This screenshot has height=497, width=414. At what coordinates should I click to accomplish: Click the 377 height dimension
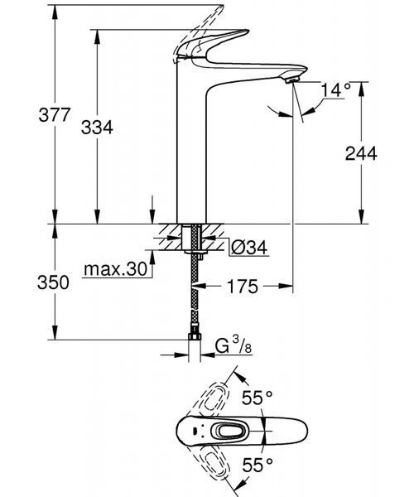(x=54, y=115)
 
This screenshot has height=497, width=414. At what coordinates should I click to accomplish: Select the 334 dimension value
(x=97, y=128)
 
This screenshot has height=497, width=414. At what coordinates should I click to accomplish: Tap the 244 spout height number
(x=361, y=153)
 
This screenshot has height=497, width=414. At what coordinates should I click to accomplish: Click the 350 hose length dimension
(x=53, y=282)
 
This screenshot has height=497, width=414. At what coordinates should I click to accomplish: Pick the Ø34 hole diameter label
(x=249, y=247)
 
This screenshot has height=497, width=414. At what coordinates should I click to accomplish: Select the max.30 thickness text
(x=116, y=269)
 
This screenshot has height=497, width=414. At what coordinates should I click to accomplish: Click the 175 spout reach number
(x=243, y=287)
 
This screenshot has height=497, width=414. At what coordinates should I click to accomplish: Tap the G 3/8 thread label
(x=233, y=345)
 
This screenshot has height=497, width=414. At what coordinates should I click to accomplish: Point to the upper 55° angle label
(x=258, y=398)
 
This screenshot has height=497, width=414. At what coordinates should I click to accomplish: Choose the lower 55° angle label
(x=258, y=466)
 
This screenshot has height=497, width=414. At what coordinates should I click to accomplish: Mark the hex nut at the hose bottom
(x=195, y=336)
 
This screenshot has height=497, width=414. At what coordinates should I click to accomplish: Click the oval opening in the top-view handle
(x=231, y=432)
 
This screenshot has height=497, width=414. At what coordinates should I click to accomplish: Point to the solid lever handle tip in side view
(x=245, y=31)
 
